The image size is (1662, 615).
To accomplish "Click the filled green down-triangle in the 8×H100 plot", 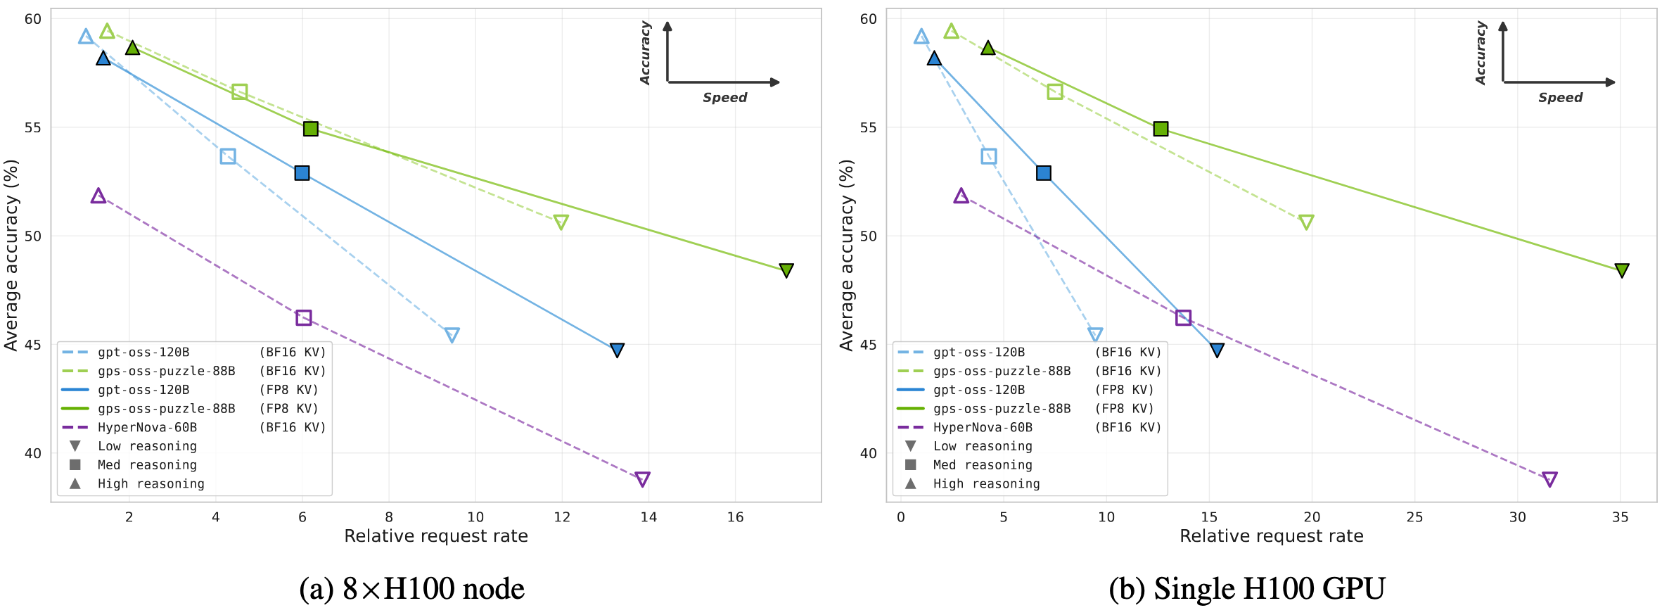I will (x=786, y=270).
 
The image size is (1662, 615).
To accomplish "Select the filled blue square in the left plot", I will (x=302, y=173).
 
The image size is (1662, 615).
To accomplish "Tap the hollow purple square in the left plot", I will (x=303, y=318).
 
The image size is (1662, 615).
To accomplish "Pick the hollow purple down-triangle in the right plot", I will (x=1549, y=479).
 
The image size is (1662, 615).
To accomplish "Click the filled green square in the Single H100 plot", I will (x=1161, y=129).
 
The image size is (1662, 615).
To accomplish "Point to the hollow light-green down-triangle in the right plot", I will (x=1306, y=222).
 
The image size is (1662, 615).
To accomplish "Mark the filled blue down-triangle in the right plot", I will (x=1217, y=350).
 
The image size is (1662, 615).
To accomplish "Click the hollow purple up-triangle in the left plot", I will (x=98, y=196).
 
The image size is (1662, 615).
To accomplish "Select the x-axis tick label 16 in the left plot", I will (x=735, y=517).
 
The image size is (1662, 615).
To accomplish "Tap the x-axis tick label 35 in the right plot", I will (x=1620, y=517).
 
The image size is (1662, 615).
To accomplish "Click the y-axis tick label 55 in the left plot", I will (x=33, y=127).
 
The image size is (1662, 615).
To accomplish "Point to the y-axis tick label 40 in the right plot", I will (x=869, y=453).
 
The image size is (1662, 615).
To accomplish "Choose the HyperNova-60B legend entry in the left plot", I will (x=147, y=427).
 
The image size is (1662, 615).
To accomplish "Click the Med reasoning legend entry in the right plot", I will (x=982, y=464).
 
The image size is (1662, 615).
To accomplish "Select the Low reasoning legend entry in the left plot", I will (x=147, y=446).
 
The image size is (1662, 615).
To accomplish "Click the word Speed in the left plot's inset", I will (x=724, y=98).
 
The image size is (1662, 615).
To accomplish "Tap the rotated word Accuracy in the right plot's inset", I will (x=1481, y=53).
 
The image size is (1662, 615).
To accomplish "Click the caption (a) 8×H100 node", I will (x=412, y=588).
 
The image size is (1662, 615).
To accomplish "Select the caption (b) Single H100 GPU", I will (x=1246, y=588).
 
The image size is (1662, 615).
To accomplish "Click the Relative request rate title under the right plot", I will (x=1271, y=536).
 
